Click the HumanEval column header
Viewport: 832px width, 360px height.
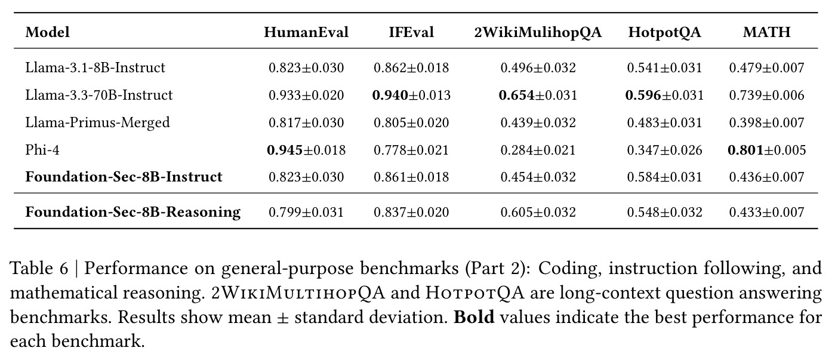pyautogui.click(x=306, y=32)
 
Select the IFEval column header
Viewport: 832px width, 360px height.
pyautogui.click(x=411, y=32)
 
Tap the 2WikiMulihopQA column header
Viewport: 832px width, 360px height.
pyautogui.click(x=538, y=33)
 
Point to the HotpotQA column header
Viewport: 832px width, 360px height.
pyautogui.click(x=664, y=33)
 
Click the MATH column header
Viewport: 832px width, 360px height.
pyautogui.click(x=766, y=32)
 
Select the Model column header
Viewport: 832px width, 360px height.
pyautogui.click(x=48, y=32)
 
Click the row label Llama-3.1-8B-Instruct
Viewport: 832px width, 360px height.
pyautogui.click(x=95, y=67)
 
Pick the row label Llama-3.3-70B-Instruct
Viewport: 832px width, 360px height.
pyautogui.click(x=99, y=95)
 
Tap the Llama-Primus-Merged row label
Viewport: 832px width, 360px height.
pyautogui.click(x=97, y=122)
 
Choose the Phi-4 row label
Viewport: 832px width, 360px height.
pyautogui.click(x=42, y=150)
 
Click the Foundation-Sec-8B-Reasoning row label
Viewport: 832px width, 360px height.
pyautogui.click(x=133, y=212)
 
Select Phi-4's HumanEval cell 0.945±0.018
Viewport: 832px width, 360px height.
pyautogui.click(x=306, y=150)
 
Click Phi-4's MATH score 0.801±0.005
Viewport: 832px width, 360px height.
pyautogui.click(x=766, y=150)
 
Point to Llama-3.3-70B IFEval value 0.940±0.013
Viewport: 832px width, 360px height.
pyautogui.click(x=411, y=95)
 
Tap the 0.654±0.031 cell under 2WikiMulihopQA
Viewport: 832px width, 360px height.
pyautogui.click(x=538, y=95)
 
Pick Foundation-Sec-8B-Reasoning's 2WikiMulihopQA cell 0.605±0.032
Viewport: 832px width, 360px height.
pyautogui.click(x=538, y=212)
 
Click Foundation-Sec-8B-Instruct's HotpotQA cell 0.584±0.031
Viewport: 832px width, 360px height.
pyautogui.click(x=664, y=177)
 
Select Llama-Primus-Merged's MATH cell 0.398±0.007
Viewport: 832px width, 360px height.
pyautogui.click(x=766, y=122)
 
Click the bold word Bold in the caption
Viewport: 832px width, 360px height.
pyautogui.click(x=474, y=317)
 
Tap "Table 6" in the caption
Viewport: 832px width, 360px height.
pyautogui.click(x=39, y=268)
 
